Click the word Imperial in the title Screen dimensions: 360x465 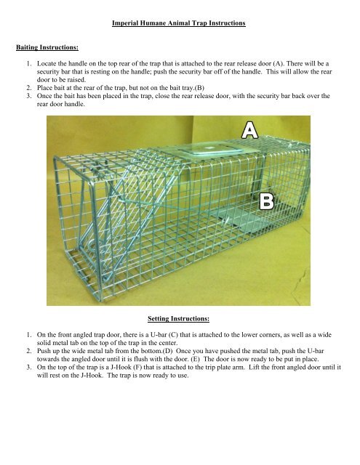(x=128, y=24)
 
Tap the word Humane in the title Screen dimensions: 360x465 (x=162, y=24)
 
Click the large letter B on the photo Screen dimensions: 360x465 (x=268, y=201)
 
